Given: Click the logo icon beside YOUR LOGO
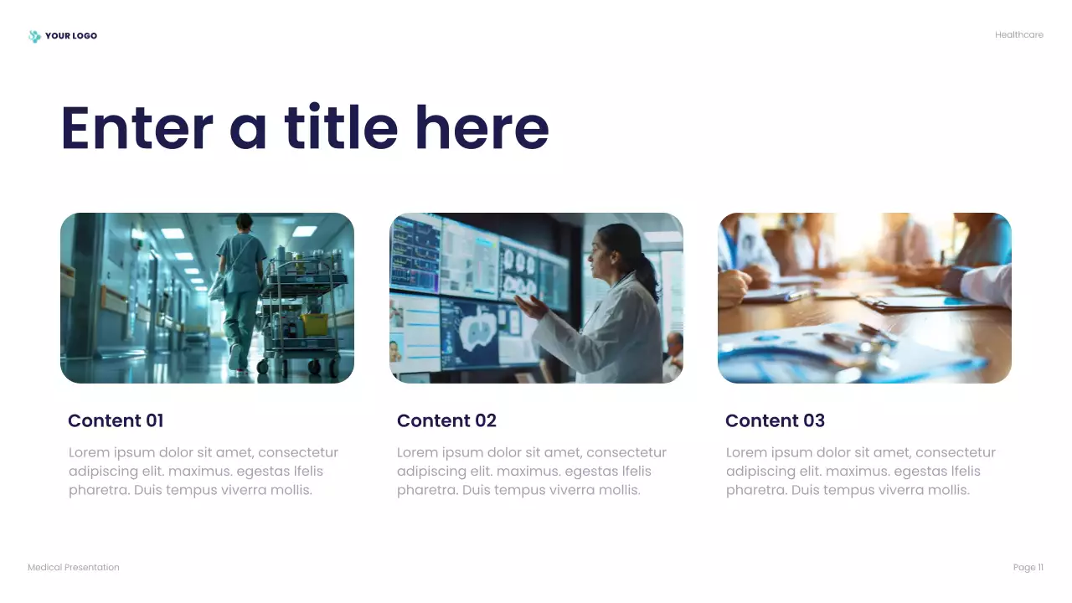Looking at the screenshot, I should coord(34,36).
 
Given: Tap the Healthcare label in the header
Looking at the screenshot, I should coord(1018,35).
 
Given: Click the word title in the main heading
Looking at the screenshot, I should coord(341,128).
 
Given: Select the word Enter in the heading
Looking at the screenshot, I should coord(137,128).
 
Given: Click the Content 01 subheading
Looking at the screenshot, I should coord(116,420).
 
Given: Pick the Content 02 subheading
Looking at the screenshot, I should coord(446,420).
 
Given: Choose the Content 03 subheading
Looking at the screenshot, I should coord(775,420).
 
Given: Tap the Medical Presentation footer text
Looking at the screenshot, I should coord(74,568).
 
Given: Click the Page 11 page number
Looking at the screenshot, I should coord(1028,568).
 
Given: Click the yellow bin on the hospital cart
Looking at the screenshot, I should coord(313,323).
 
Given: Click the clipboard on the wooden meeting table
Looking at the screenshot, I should coord(913,302).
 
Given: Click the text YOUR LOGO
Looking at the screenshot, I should coord(71,36).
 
